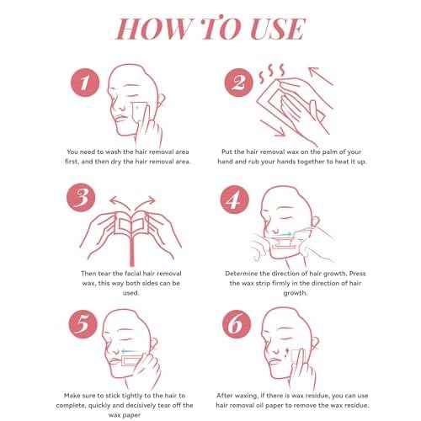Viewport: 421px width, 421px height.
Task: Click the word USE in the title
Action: coord(277,29)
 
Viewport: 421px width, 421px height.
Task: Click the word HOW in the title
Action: coord(154,29)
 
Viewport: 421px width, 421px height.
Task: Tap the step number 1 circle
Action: coord(85,83)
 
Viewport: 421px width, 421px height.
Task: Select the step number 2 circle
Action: coord(239,83)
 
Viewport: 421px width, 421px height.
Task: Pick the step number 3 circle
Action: coord(81,197)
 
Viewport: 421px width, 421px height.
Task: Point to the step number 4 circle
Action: coord(234,200)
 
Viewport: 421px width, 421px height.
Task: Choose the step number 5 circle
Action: coord(83,324)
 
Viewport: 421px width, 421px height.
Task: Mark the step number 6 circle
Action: coord(237,324)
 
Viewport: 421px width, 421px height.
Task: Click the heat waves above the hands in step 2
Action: coord(272,72)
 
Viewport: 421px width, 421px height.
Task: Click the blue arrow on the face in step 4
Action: coord(286,234)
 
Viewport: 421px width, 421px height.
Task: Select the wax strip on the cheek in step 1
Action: coord(139,112)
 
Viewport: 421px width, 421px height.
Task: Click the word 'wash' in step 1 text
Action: coord(114,152)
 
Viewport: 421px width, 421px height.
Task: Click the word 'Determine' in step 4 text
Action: coord(242,274)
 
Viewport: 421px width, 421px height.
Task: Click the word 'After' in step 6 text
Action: coord(225,396)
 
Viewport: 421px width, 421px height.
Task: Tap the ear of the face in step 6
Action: coord(315,342)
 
